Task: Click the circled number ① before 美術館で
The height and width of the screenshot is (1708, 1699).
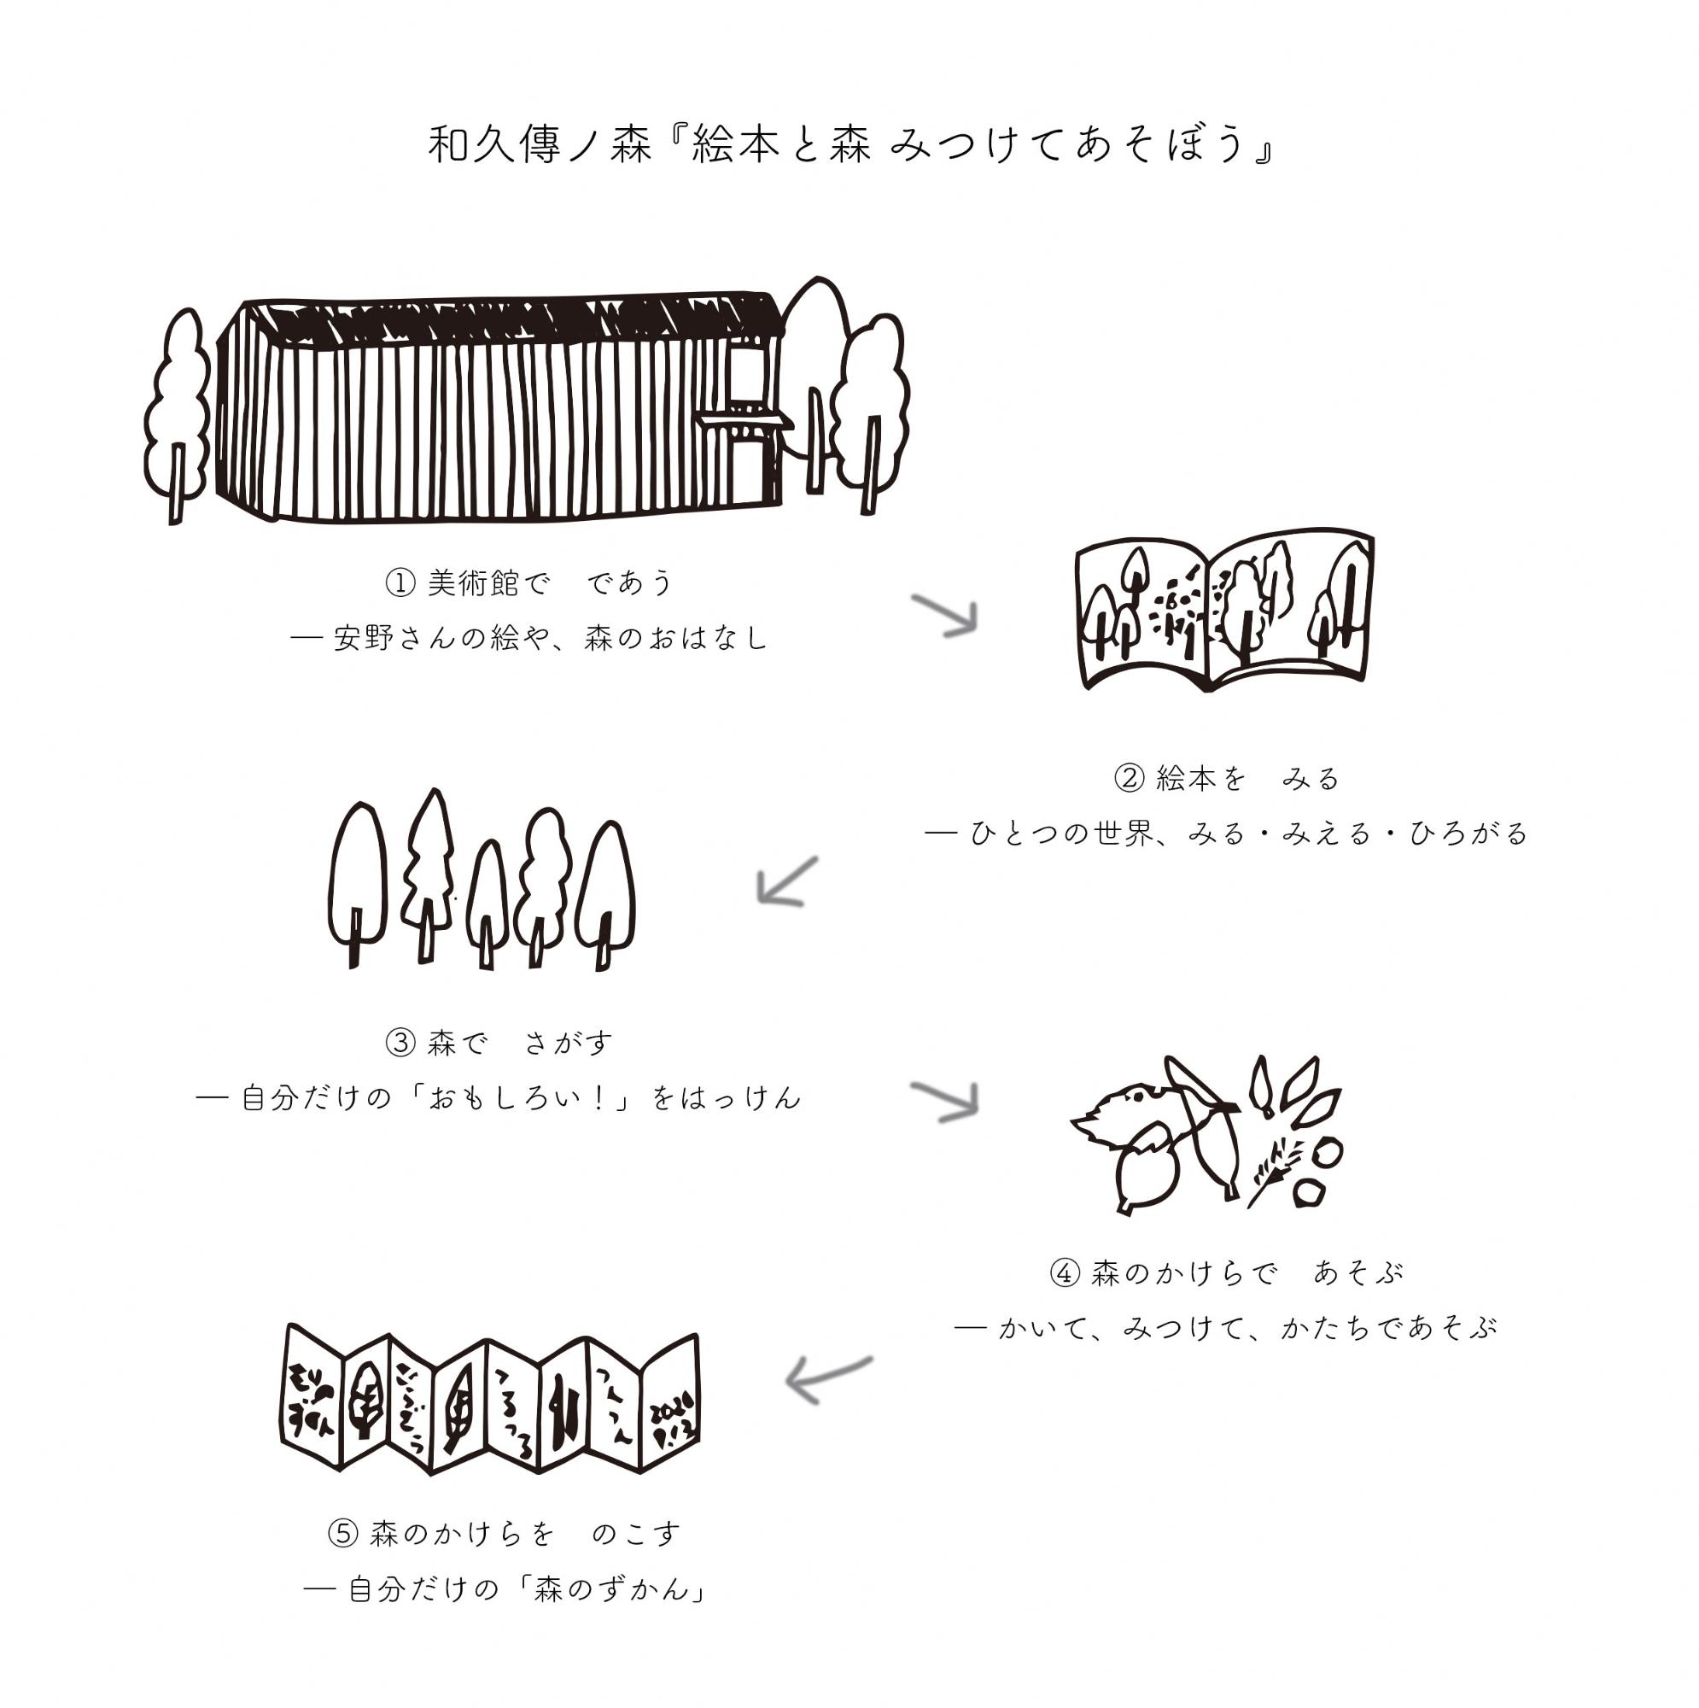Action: click(x=400, y=583)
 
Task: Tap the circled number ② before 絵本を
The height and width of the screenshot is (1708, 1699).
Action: click(x=1129, y=779)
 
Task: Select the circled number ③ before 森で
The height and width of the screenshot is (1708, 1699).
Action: click(x=400, y=1044)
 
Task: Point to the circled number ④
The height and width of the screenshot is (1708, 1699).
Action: click(x=1065, y=1274)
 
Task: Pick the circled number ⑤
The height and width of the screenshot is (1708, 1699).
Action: click(x=343, y=1534)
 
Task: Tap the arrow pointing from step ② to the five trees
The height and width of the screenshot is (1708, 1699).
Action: click(x=786, y=881)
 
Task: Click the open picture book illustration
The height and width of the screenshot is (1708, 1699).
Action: click(x=1224, y=610)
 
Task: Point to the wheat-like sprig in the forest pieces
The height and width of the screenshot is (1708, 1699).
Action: click(x=1275, y=1173)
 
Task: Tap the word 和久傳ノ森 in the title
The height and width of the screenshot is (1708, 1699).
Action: click(x=540, y=145)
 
